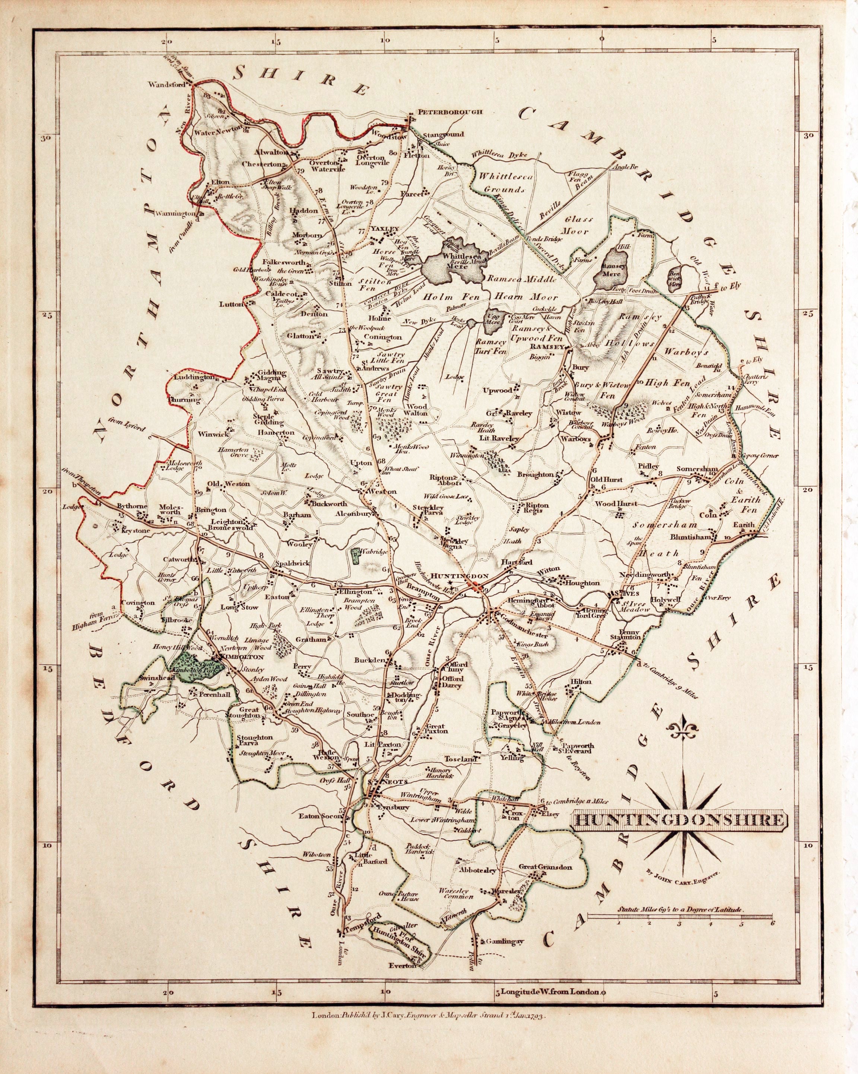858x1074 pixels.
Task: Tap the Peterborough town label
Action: tap(442, 112)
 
